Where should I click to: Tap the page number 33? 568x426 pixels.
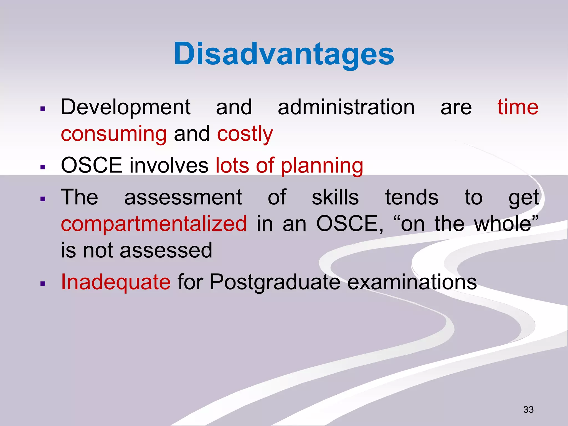(528, 409)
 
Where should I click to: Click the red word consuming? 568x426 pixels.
(114, 134)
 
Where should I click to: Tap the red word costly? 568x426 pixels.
(245, 134)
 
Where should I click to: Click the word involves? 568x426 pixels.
(169, 165)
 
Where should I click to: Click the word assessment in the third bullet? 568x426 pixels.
(183, 197)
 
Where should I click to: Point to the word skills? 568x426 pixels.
(335, 197)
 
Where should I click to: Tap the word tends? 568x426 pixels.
(412, 197)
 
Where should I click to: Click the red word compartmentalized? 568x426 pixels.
(154, 224)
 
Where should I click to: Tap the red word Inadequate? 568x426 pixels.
(116, 282)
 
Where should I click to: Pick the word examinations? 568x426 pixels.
(412, 282)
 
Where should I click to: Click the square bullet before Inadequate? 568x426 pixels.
(43, 284)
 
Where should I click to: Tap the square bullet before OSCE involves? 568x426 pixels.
(43, 167)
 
